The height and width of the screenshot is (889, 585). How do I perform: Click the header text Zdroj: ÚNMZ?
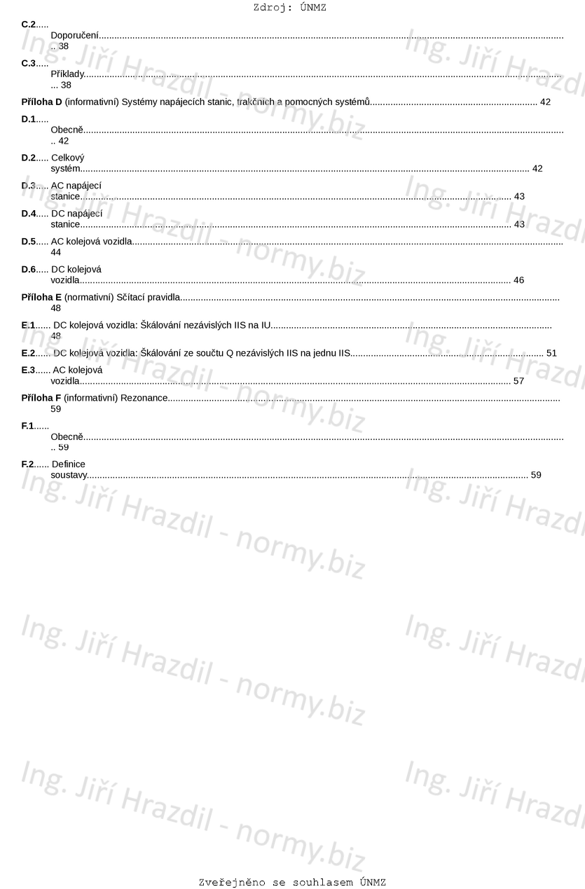click(290, 8)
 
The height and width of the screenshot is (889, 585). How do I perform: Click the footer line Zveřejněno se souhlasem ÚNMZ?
click(292, 882)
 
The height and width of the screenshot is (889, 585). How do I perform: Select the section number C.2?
click(28, 25)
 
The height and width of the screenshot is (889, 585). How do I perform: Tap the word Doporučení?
click(74, 35)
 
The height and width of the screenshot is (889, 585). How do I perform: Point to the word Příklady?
click(67, 74)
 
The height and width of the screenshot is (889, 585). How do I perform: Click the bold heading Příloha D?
click(41, 102)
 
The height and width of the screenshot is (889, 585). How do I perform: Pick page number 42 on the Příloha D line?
click(545, 102)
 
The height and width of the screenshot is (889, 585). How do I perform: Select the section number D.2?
click(28, 158)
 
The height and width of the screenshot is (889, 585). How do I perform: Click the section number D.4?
click(28, 214)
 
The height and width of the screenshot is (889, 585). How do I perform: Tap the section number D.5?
click(28, 242)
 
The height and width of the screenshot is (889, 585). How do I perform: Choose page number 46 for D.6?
click(518, 280)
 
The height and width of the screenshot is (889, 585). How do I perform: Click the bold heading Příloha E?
click(41, 298)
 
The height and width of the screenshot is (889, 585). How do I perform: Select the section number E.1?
click(28, 326)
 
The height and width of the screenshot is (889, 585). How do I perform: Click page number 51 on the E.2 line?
click(551, 353)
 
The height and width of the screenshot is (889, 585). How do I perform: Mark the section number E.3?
click(28, 370)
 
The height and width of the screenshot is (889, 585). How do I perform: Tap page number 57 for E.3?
click(518, 381)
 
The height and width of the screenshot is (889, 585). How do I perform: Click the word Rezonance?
click(144, 398)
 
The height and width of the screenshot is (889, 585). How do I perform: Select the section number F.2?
click(28, 464)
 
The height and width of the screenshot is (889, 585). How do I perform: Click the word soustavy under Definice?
click(69, 475)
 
